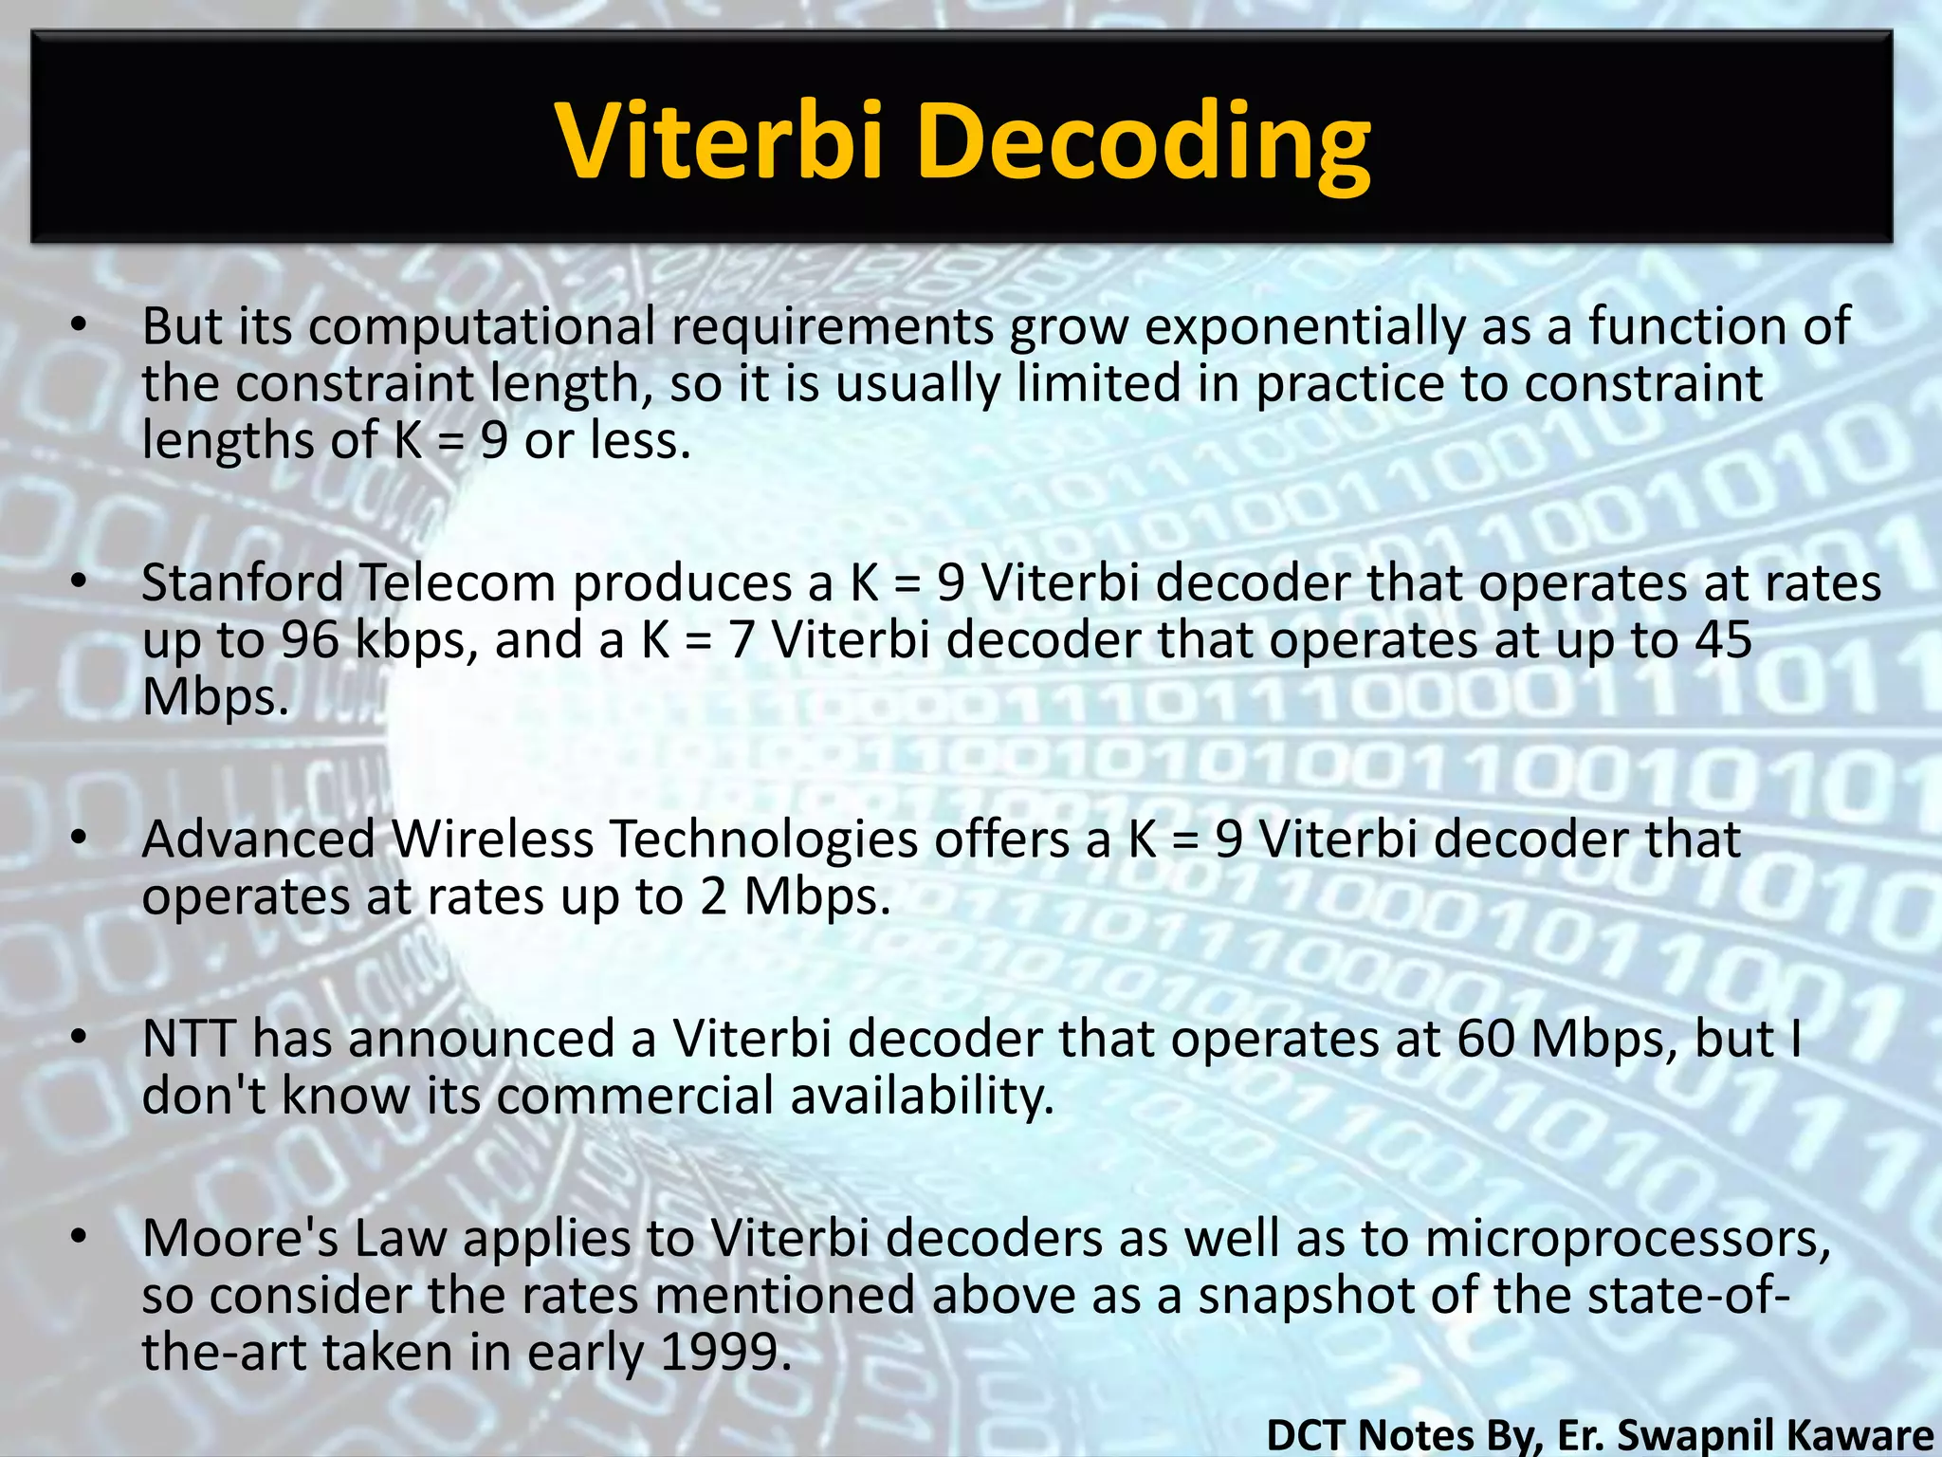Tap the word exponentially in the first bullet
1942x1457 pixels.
click(x=1305, y=327)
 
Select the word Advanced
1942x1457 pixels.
click(x=259, y=839)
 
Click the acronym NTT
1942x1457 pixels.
click(x=188, y=1039)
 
